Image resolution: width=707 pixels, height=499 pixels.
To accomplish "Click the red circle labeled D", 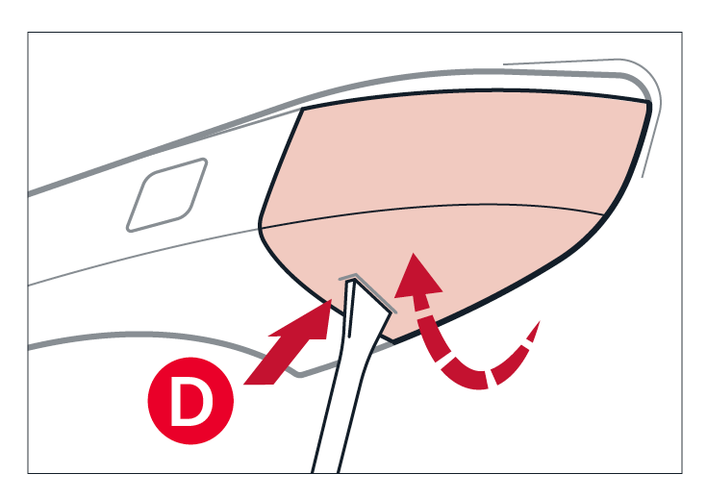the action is [190, 401].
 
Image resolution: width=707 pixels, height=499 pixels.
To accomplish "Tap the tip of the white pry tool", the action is [354, 280].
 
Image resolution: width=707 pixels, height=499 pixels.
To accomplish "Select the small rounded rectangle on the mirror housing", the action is [166, 195].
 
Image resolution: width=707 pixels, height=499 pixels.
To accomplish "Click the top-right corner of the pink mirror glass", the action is [649, 102].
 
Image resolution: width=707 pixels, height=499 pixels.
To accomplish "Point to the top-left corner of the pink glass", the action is [303, 109].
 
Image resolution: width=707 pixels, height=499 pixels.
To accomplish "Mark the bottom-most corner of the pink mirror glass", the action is [394, 342].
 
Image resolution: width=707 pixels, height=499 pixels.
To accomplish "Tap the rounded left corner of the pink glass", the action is [261, 226].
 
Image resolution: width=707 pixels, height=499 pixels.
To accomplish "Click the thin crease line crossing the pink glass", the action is [433, 208].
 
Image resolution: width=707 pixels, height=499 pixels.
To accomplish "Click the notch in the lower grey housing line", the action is [298, 375].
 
